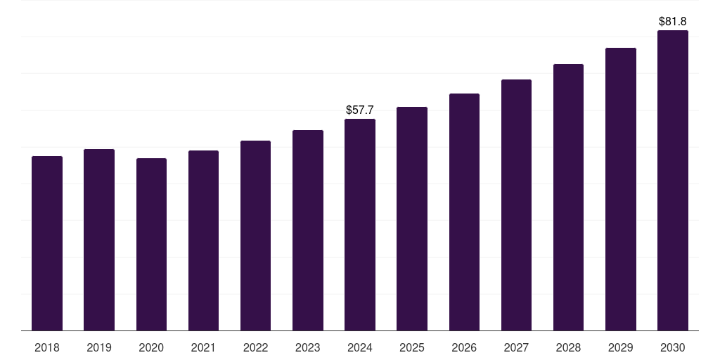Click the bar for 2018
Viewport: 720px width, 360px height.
point(47,243)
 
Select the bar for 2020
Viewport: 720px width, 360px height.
point(151,244)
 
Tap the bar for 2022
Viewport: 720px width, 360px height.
point(255,236)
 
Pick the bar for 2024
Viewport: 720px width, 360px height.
point(360,225)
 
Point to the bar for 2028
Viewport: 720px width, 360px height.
point(568,198)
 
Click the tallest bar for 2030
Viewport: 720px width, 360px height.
point(673,181)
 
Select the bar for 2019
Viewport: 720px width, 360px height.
point(99,240)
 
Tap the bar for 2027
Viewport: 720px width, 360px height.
point(516,205)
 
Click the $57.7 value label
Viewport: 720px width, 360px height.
point(360,110)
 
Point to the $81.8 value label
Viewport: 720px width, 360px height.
point(673,22)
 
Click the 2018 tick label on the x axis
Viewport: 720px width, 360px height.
point(47,347)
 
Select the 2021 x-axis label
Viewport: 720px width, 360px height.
point(203,347)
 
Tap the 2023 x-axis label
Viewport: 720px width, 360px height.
point(308,347)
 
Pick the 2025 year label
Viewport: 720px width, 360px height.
point(412,347)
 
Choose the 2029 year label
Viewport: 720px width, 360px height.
point(621,347)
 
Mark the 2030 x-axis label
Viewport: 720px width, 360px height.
point(673,347)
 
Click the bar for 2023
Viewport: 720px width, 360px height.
point(308,231)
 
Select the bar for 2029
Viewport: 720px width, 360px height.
point(621,189)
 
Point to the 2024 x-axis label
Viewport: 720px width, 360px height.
point(360,347)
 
